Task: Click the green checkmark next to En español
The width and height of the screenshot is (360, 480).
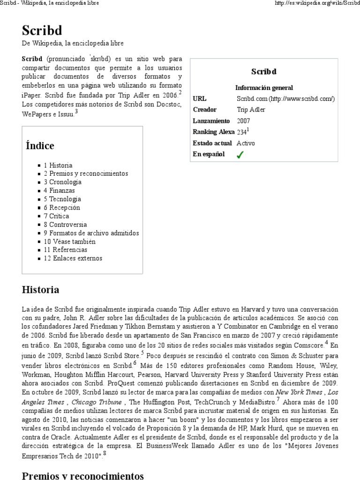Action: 240,155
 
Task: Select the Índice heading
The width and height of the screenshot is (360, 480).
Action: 40,146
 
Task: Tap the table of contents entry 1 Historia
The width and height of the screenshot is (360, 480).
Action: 58,165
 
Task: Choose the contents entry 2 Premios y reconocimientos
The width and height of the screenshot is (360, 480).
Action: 86,174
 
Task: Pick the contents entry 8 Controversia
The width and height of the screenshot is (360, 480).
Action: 65,225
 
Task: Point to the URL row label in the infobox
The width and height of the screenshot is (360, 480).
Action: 200,98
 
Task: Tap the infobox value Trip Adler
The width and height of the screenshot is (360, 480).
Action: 251,110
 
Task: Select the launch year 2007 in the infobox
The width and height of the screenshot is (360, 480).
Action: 243,120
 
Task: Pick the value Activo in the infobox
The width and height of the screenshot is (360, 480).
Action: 246,143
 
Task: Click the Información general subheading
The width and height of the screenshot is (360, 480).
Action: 264,88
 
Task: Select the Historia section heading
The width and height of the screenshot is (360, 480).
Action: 40,290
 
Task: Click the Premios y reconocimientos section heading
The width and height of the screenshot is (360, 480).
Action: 82,475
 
